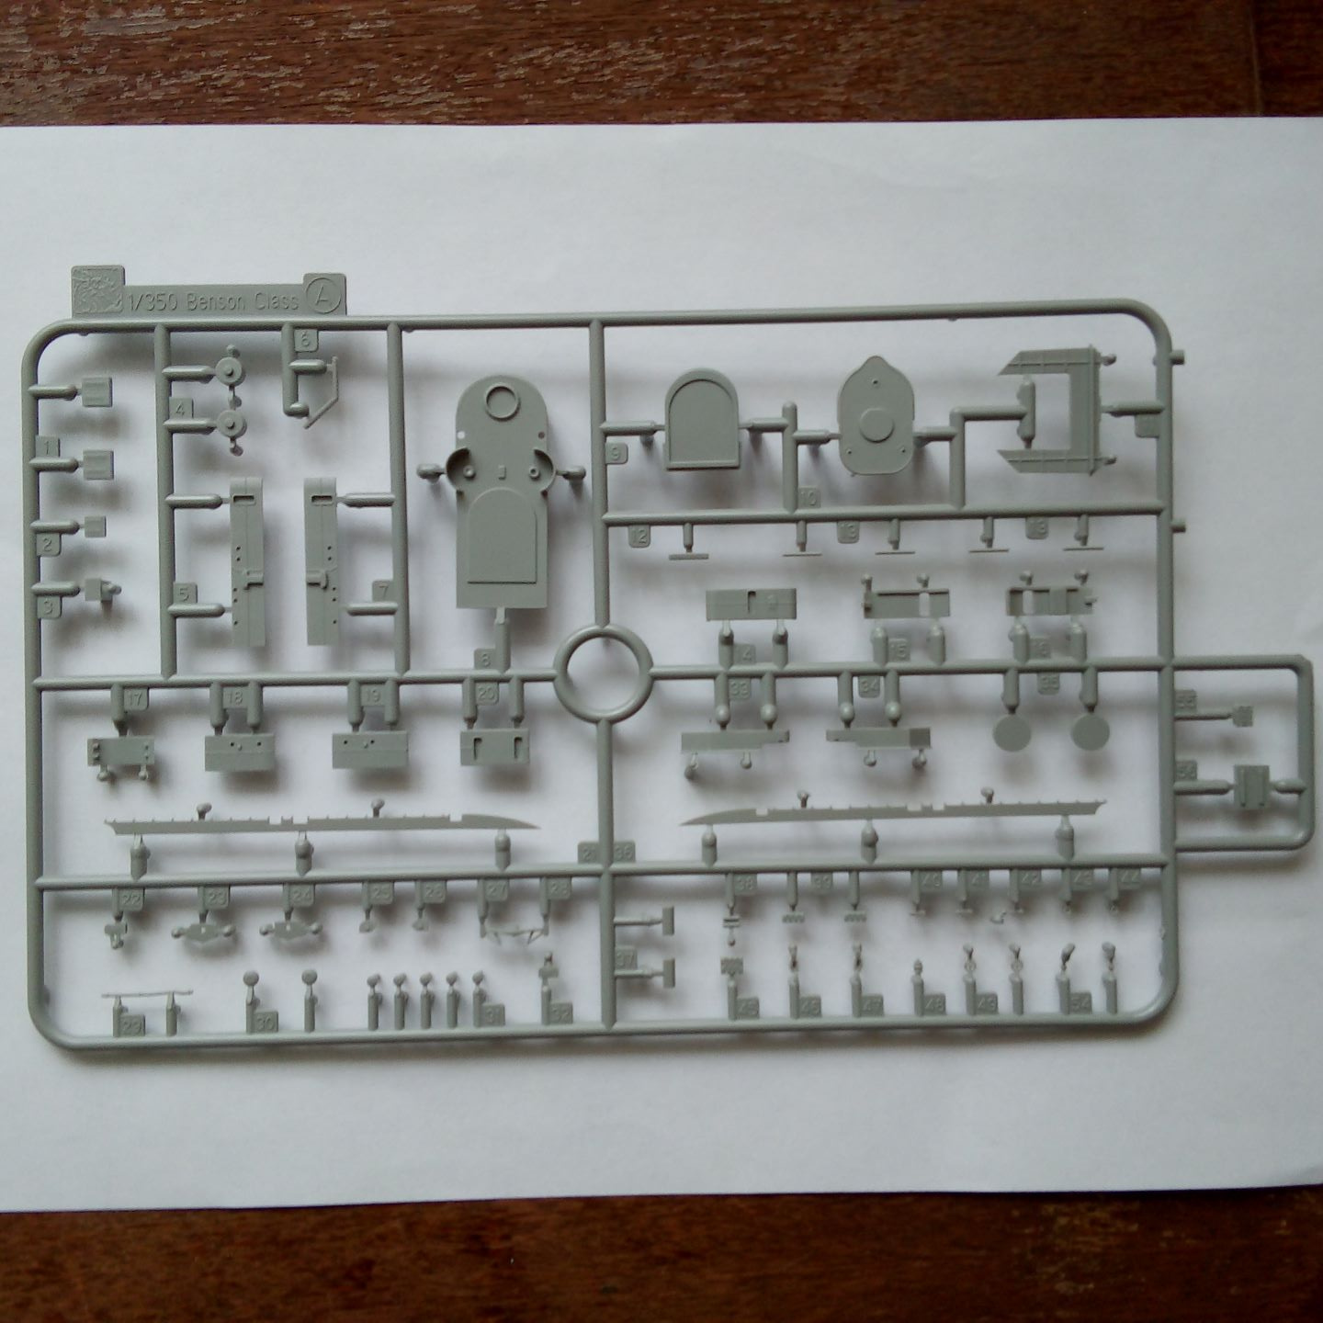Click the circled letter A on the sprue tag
click(x=326, y=293)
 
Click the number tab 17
click(x=134, y=699)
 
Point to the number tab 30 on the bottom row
click(x=266, y=1023)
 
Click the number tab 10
click(x=808, y=497)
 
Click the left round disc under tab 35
click(x=1013, y=735)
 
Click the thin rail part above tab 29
click(x=147, y=995)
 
